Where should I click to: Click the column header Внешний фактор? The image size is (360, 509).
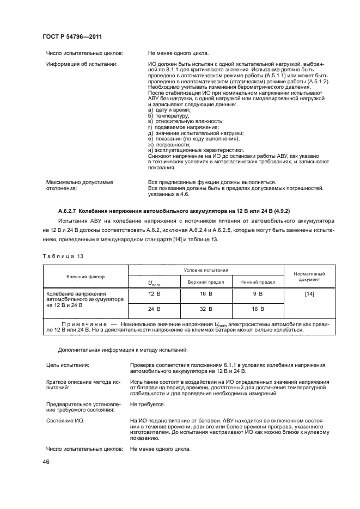tap(86, 277)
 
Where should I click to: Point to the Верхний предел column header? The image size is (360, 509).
tap(204, 282)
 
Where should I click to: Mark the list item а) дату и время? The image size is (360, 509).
tap(168, 110)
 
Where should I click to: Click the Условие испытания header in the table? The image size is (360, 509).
tap(205, 270)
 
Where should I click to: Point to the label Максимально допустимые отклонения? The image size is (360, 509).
tap(79, 185)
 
